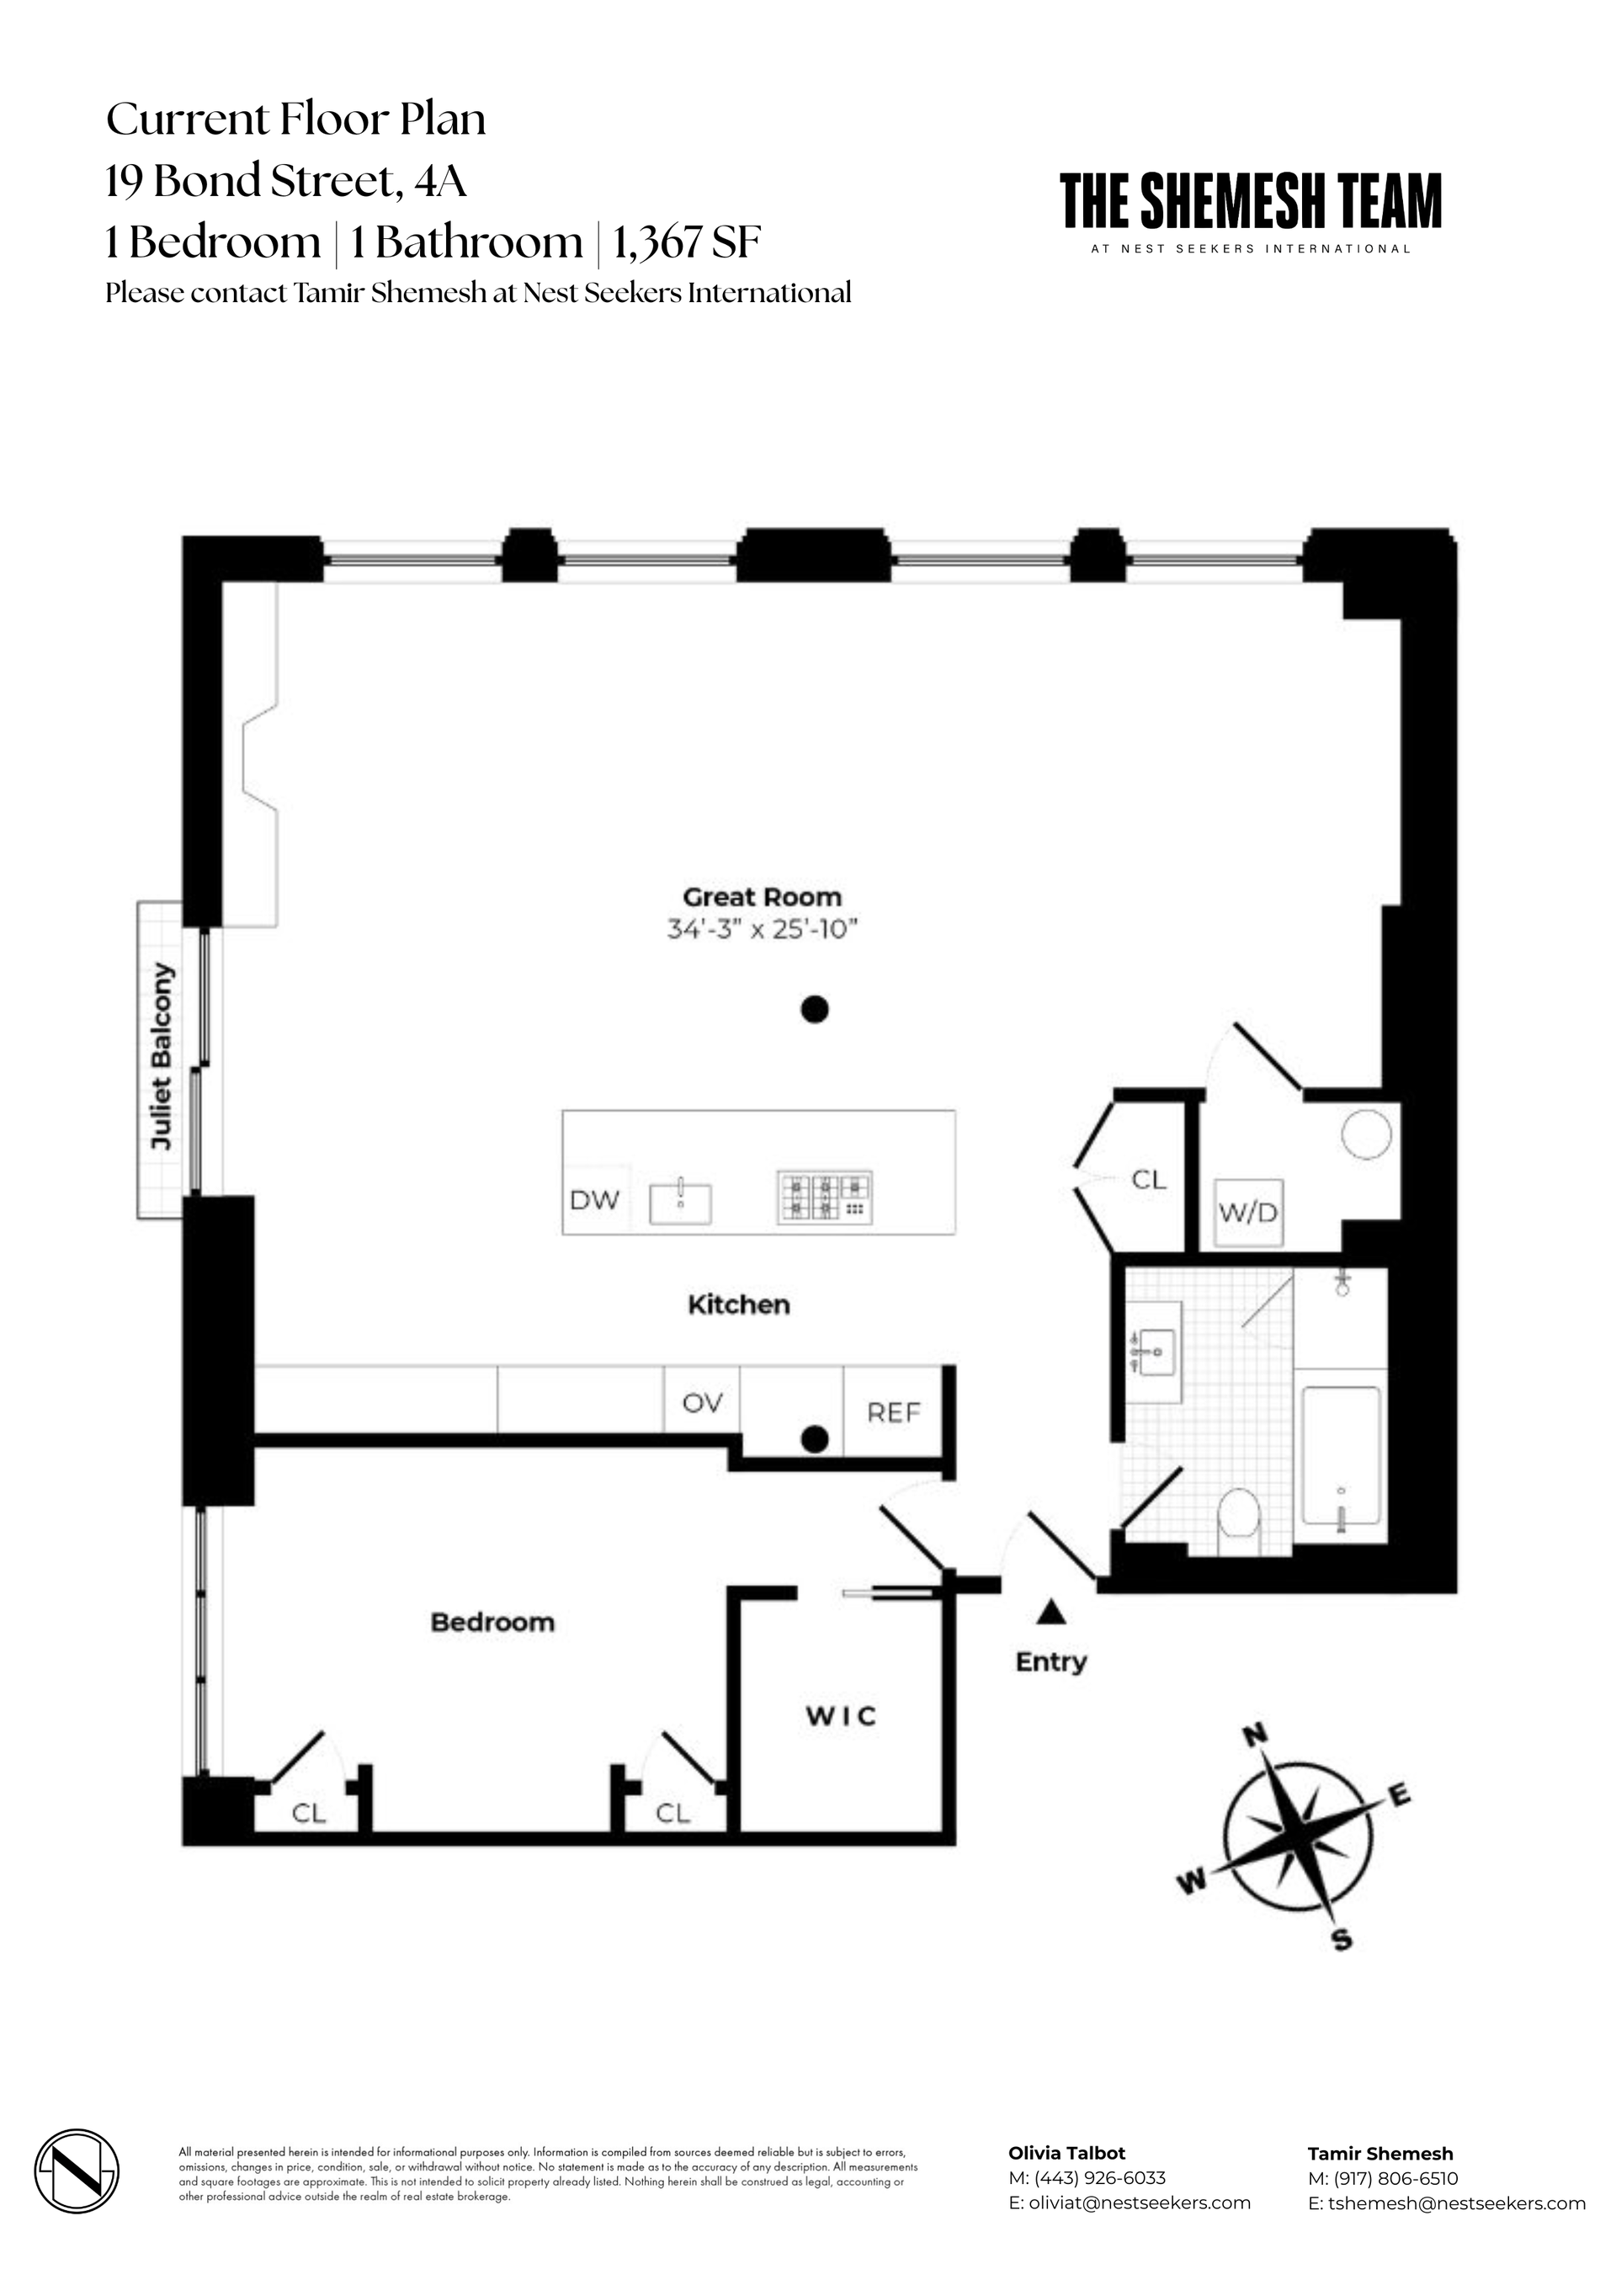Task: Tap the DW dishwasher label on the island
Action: [594, 1200]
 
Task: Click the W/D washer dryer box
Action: [1248, 1213]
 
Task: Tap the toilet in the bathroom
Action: [1240, 1518]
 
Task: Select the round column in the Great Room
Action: [814, 1010]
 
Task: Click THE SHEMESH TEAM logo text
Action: [1250, 202]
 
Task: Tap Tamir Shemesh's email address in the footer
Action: [1446, 2203]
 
